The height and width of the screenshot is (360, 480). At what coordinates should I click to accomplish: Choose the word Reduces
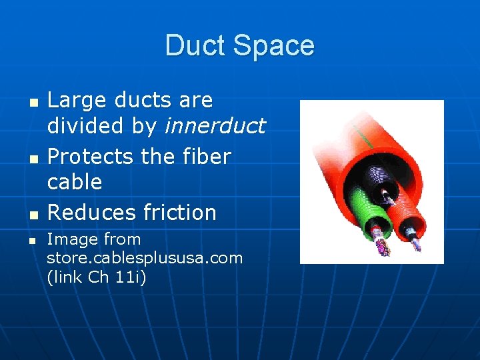91,212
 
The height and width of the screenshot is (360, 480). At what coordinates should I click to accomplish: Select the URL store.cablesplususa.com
145,257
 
